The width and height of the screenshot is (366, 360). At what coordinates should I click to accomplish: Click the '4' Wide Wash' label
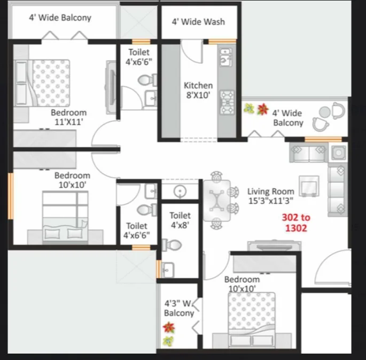click(198, 22)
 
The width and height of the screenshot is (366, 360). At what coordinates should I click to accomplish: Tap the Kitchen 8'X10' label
click(198, 90)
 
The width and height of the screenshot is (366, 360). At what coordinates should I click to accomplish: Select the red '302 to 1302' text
click(296, 223)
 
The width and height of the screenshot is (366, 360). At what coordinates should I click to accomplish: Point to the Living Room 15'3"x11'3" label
click(271, 196)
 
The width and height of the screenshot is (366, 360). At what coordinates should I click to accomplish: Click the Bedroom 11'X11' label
click(68, 117)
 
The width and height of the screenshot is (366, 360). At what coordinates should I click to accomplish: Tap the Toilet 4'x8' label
click(180, 220)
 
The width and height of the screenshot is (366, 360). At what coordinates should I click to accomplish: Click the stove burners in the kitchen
click(227, 102)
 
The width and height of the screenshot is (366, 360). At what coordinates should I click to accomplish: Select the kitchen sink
click(226, 57)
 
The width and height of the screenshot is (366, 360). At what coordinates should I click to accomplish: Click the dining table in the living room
click(217, 201)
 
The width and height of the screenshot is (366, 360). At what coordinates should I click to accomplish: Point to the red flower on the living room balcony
click(262, 109)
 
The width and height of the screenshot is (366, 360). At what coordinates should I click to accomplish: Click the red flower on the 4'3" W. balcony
click(169, 327)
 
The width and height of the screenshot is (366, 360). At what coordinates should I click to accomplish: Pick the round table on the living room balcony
click(324, 112)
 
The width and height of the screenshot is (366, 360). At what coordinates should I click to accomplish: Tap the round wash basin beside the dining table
click(180, 192)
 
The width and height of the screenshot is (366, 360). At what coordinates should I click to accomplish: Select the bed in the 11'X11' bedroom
click(43, 83)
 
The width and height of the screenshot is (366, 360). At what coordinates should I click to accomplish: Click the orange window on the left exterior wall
click(11, 196)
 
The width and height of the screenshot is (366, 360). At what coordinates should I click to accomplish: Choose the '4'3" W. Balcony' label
click(179, 308)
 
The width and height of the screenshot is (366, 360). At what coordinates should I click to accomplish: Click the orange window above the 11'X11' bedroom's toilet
click(141, 42)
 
